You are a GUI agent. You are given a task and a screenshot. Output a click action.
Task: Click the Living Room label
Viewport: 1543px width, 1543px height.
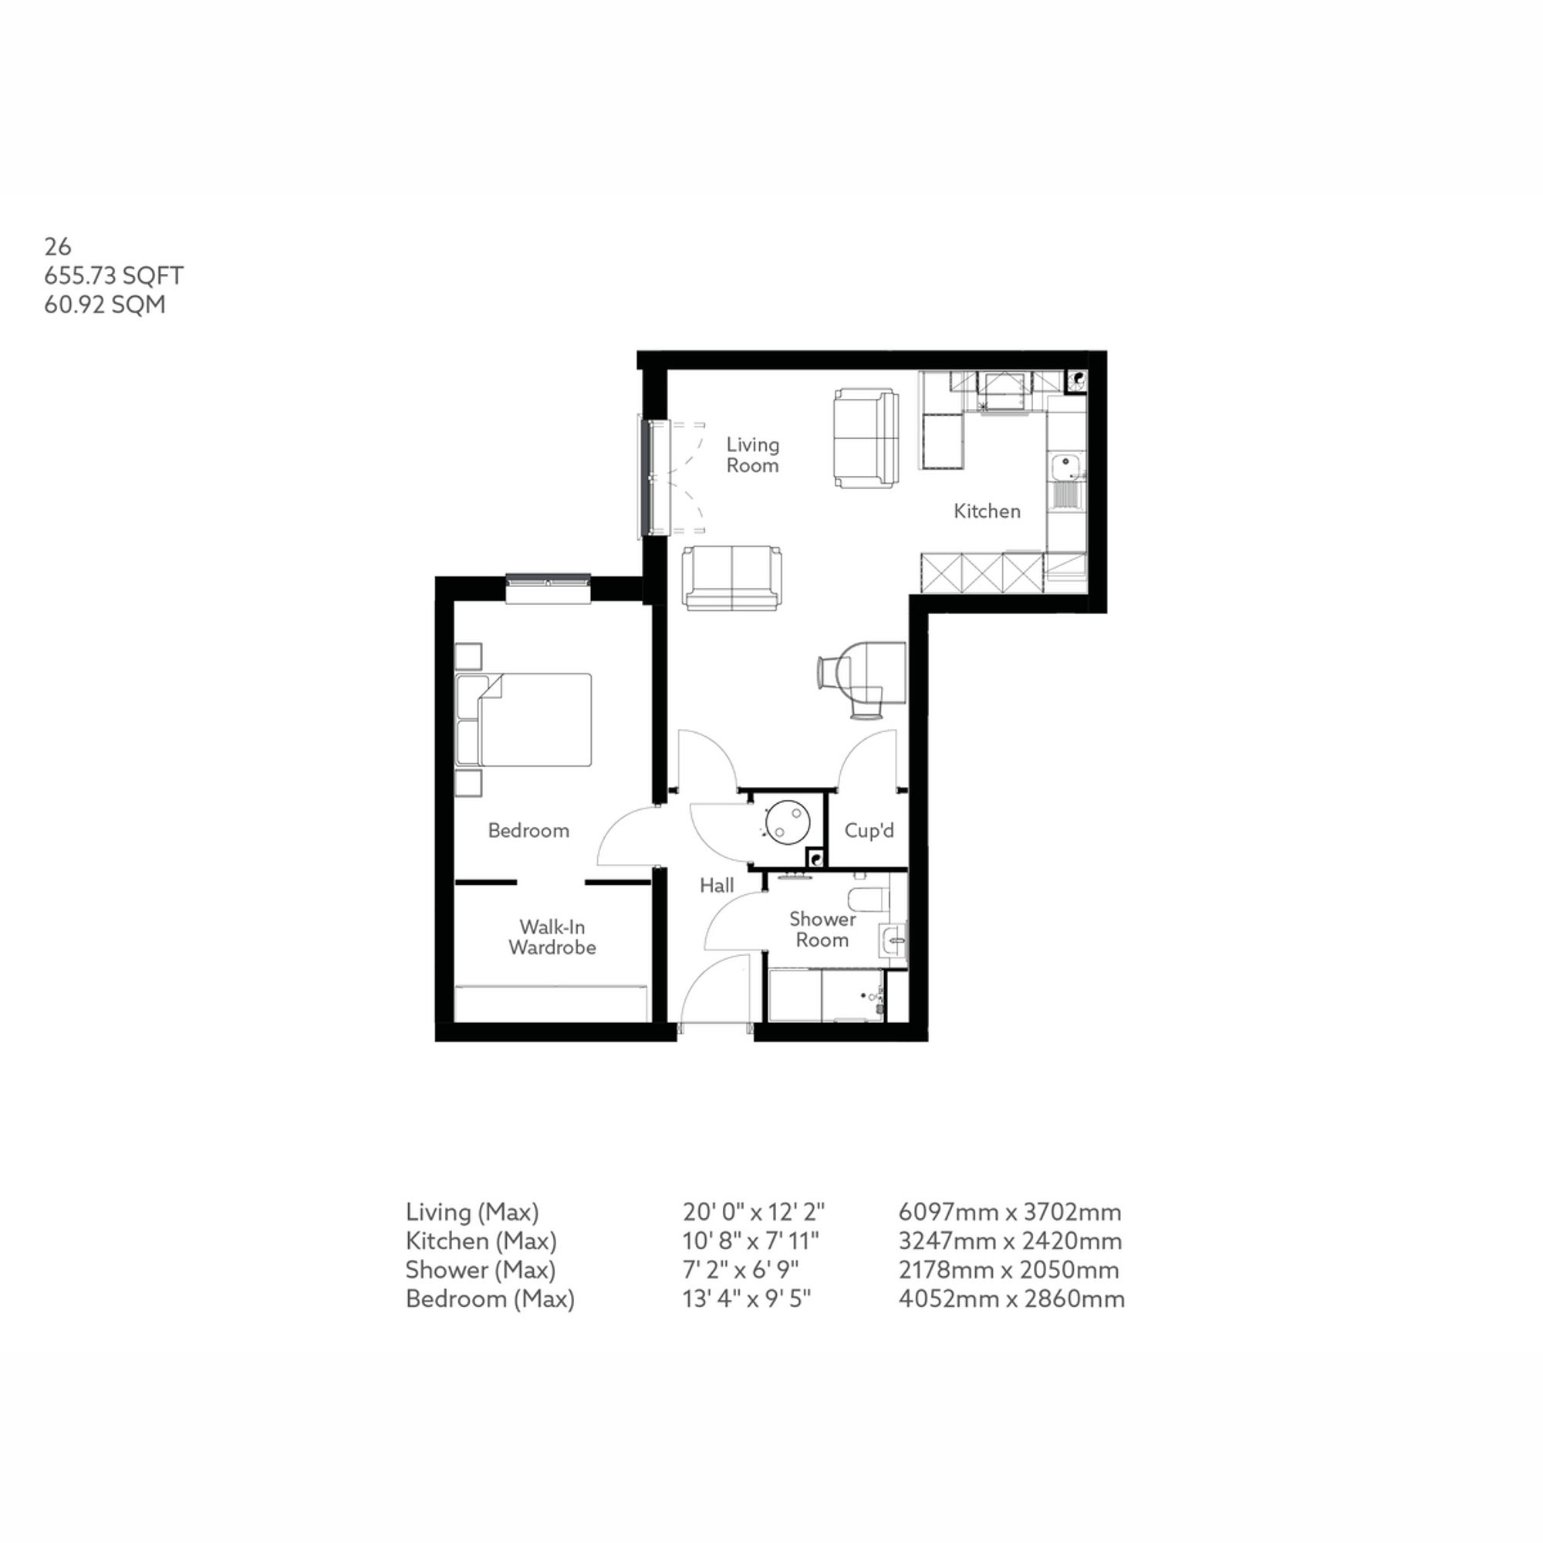(751, 455)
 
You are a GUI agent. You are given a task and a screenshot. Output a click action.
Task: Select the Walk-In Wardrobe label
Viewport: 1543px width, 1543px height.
(552, 937)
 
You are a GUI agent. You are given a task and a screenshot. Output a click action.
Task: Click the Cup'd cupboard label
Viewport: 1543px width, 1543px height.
(868, 831)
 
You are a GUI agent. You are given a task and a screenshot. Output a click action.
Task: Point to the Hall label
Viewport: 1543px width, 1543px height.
(717, 885)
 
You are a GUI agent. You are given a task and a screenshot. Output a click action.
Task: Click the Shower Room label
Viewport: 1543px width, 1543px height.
(822, 929)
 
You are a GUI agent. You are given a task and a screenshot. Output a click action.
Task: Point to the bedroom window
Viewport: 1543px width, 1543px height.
(548, 582)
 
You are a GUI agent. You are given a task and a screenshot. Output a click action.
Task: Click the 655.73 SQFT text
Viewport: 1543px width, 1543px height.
(113, 275)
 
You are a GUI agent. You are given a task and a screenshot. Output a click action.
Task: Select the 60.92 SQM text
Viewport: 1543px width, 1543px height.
(105, 305)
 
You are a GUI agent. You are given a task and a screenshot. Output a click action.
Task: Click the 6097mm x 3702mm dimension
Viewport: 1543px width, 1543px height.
(1009, 1212)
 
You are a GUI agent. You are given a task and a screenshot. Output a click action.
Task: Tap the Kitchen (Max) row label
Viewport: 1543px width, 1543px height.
(481, 1241)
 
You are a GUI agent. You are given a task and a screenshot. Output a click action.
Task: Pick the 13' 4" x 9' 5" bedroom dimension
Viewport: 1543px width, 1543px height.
(746, 1298)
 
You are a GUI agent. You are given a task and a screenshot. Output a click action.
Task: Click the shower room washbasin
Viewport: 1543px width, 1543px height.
(893, 940)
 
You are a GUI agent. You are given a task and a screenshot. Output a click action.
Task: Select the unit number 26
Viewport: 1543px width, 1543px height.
(58, 247)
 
